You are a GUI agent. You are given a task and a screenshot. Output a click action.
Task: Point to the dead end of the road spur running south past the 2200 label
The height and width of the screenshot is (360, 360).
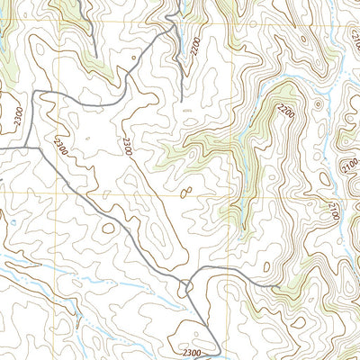[x=182, y=99]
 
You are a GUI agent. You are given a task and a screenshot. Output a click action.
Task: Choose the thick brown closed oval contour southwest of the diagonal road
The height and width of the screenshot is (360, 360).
[x=108, y=228]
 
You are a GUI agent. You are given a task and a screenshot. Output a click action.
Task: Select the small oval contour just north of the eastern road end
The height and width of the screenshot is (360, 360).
[x=268, y=266]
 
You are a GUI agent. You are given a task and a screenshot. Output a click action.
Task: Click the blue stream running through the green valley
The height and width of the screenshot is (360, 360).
[x=243, y=171]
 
